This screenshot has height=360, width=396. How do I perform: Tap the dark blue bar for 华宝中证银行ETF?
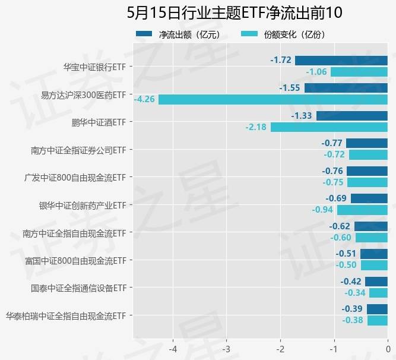[341, 60]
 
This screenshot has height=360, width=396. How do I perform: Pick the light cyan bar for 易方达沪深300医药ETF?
[273, 99]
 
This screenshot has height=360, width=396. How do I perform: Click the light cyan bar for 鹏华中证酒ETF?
[329, 127]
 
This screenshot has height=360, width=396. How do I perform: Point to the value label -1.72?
[281, 60]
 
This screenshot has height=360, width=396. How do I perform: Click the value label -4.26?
[145, 99]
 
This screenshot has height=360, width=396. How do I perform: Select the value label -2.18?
[257, 127]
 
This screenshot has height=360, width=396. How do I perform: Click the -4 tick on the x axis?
[173, 348]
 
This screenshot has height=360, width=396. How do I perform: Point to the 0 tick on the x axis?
[388, 348]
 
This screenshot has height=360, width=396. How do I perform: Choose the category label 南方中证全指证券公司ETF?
[78, 150]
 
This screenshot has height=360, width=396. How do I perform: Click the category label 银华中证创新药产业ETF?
[83, 205]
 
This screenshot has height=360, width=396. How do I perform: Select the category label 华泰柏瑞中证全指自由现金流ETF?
[65, 315]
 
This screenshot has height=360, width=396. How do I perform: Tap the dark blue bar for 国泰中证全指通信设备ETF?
[376, 282]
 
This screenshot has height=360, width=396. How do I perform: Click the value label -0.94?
[323, 210]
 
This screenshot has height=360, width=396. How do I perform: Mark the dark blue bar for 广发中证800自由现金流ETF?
[367, 171]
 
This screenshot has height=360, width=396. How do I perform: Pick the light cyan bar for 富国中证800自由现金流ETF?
[374, 265]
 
